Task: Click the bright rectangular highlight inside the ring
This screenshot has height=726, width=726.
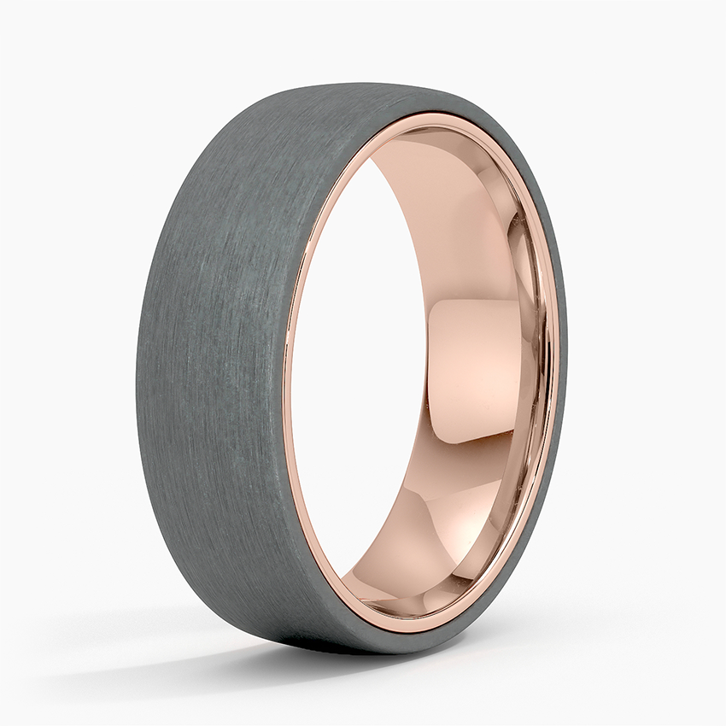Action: pos(474,369)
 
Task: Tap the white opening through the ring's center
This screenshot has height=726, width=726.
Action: pos(359,367)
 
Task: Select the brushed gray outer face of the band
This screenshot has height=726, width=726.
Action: pos(214,359)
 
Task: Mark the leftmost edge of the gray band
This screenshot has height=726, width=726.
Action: pos(137,384)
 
